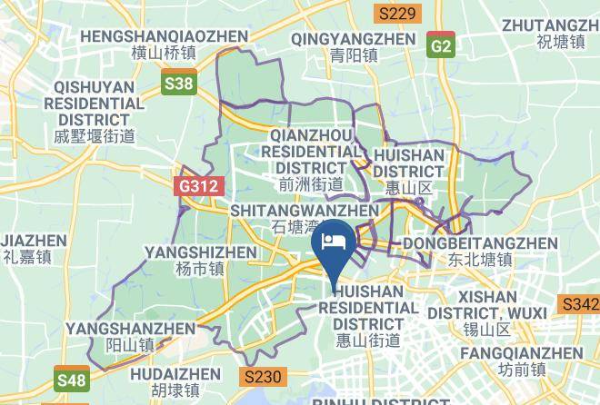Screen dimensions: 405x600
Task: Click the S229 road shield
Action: (x=397, y=14)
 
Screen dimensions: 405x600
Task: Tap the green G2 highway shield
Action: (x=442, y=44)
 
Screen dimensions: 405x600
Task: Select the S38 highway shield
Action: (x=179, y=84)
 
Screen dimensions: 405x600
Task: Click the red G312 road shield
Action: (x=198, y=186)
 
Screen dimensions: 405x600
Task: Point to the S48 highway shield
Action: (x=72, y=379)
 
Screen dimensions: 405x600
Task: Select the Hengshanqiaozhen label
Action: (x=164, y=44)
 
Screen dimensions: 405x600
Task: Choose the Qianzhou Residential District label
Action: (x=312, y=159)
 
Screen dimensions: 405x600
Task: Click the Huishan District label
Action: (x=409, y=171)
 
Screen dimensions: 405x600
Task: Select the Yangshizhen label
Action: (x=202, y=260)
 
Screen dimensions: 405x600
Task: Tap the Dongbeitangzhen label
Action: (x=479, y=251)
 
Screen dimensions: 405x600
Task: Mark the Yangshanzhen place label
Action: (x=130, y=336)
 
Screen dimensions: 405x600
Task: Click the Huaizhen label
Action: (x=175, y=381)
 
